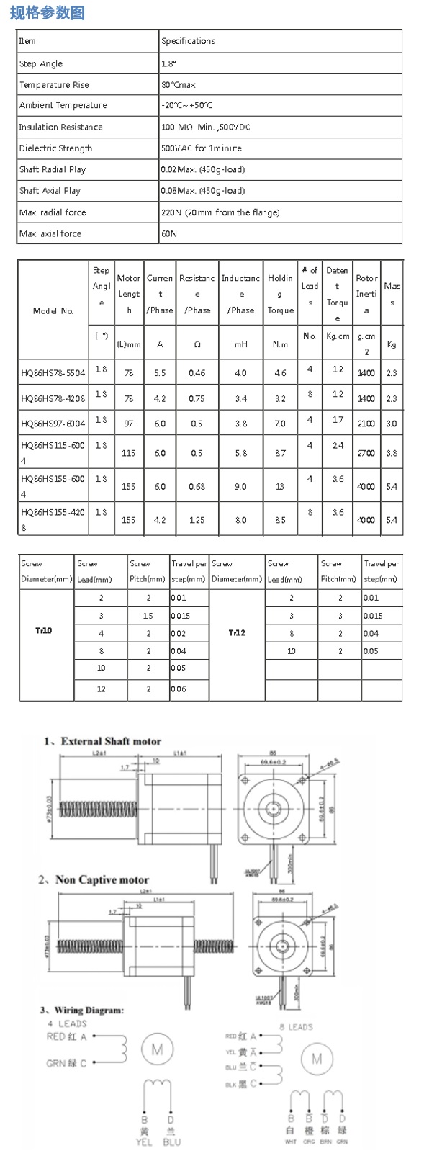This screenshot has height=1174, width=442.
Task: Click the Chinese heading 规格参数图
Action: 48,12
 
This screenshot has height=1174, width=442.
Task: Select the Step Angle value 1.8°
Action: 171,63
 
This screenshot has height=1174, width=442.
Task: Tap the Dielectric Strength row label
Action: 55,148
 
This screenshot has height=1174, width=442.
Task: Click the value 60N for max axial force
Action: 169,233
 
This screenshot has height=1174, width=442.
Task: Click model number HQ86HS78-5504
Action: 53,373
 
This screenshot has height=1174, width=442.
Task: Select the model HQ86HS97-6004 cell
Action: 53,424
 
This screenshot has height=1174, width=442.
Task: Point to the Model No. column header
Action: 53,310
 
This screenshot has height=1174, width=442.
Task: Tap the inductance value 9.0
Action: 240,486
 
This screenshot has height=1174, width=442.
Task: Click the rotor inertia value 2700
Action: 366,453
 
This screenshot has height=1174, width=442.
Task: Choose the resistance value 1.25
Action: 197,520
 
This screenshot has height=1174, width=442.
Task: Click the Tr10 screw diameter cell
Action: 44,631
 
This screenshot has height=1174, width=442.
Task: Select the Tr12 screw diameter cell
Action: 237,633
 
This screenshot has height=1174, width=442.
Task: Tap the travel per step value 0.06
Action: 179,689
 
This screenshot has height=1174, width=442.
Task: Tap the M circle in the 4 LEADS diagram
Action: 156,1049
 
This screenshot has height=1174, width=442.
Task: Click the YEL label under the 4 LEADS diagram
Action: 144,1142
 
